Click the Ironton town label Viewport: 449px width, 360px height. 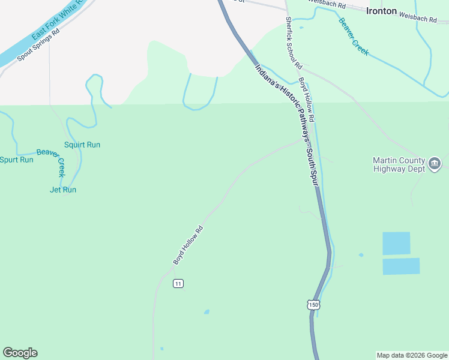pos(382,11)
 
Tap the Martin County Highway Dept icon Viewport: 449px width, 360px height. pos(435,162)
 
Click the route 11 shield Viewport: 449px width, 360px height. pos(178,283)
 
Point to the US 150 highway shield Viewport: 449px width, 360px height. pos(313,305)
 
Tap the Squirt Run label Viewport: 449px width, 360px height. pos(82,145)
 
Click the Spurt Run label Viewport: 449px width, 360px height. pos(16,160)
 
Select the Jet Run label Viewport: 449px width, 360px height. pos(63,190)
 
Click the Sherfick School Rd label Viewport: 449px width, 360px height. pos(293,42)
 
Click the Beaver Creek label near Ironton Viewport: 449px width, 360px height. pos(354,37)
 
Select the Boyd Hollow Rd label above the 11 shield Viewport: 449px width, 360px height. pos(188,245)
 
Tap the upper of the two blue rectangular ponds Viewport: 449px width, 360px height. pos(396,243)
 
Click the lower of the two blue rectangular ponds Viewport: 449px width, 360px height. pos(401,266)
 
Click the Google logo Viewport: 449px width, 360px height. pos(20,353)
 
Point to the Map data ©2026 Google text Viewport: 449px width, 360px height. pos(412,355)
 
